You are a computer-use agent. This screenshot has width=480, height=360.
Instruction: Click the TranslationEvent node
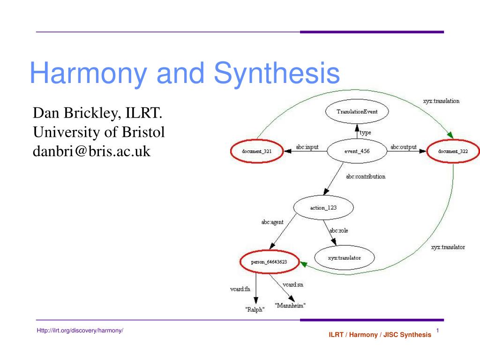357,112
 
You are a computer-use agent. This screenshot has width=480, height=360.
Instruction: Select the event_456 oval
357,151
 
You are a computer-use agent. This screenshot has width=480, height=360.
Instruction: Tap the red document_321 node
257,151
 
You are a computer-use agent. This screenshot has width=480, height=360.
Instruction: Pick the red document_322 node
453,151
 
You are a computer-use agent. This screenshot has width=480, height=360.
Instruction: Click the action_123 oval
323,208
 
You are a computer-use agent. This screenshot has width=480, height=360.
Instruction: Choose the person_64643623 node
269,262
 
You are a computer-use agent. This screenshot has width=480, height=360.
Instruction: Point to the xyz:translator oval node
345,258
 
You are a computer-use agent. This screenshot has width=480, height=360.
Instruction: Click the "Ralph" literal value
255,309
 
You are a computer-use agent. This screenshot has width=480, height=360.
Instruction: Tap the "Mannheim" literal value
290,305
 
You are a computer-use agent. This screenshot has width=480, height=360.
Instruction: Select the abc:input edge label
307,147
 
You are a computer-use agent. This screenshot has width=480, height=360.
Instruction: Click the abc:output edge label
404,147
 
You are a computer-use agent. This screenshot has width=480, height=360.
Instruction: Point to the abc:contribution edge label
366,176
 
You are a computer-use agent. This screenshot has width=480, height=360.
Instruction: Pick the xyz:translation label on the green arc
441,101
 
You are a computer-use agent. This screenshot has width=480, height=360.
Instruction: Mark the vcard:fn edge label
240,289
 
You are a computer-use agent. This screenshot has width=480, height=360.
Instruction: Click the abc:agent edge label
272,222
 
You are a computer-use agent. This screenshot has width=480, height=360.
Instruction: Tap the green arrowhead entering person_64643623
303,264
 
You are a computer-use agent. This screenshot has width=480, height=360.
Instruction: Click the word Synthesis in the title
277,73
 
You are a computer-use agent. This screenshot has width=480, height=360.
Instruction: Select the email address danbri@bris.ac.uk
91,151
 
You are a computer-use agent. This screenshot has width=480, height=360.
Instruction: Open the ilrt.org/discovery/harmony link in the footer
80,330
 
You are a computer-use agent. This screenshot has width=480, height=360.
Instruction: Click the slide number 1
438,330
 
